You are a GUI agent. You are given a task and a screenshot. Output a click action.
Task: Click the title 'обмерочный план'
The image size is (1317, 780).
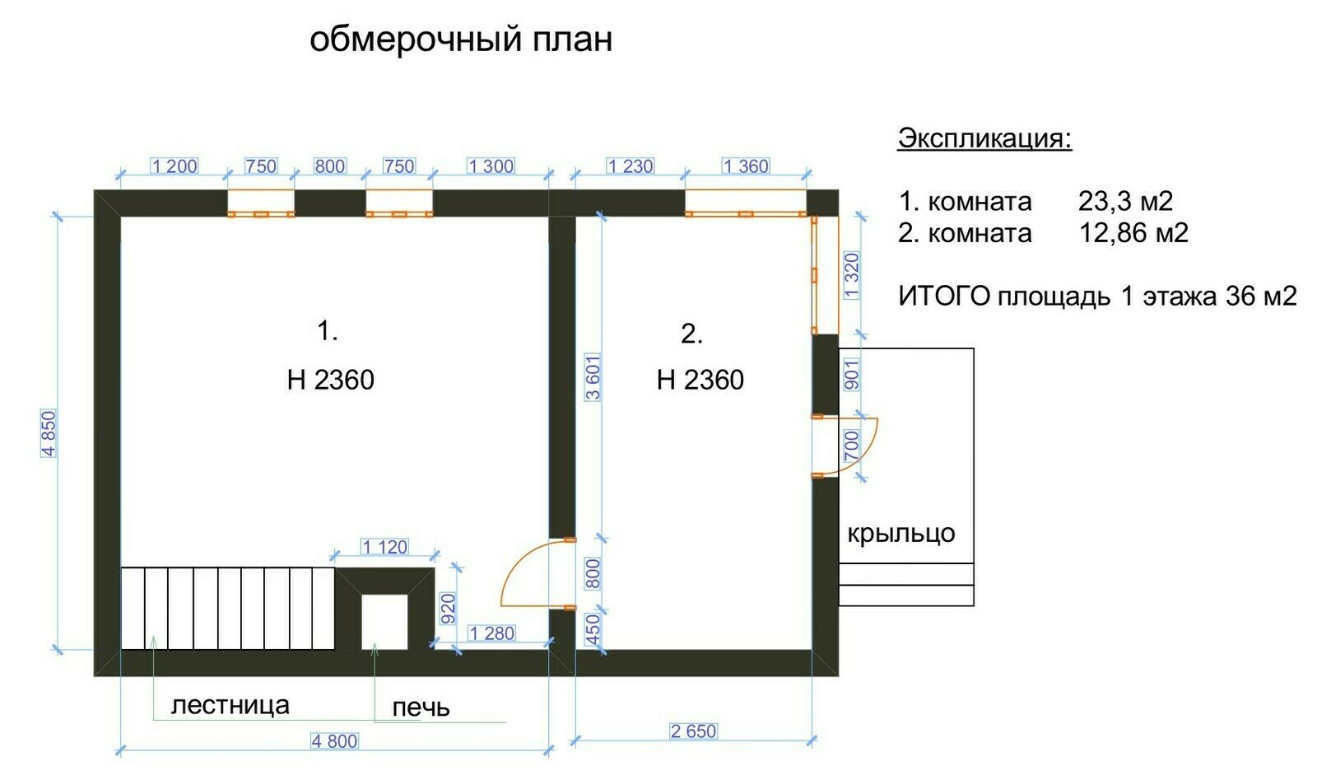(x=461, y=40)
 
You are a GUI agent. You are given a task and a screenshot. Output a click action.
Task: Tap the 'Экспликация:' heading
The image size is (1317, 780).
(x=984, y=139)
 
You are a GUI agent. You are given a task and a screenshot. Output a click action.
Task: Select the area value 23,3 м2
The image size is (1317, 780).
(x=1125, y=201)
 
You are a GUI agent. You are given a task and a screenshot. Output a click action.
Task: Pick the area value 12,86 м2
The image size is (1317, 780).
(x=1134, y=233)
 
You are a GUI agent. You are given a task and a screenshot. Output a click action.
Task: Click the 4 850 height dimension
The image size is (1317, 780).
(x=49, y=433)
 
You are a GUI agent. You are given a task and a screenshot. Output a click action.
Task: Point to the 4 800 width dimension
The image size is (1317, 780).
(x=334, y=741)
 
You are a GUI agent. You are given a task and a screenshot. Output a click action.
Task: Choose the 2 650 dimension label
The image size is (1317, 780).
(x=693, y=731)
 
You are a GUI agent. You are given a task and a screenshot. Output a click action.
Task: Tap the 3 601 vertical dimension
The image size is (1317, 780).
(x=593, y=377)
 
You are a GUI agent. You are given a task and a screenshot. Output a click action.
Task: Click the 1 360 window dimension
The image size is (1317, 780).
(x=746, y=166)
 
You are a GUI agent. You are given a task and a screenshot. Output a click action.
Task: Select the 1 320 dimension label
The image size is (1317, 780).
(x=851, y=275)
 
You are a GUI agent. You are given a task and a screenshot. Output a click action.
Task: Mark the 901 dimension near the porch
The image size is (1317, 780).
(x=851, y=375)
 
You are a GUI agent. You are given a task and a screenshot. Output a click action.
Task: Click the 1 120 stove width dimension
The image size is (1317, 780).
(x=384, y=547)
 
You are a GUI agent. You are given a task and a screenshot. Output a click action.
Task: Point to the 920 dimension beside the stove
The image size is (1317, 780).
(x=448, y=609)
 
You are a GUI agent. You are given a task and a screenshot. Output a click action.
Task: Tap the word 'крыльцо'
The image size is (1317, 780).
(x=900, y=534)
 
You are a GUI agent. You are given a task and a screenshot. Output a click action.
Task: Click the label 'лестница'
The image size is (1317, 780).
(x=230, y=705)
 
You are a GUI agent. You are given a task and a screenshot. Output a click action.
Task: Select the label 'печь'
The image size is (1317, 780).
(x=421, y=708)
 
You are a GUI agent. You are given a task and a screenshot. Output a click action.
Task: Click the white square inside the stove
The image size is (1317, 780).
(x=384, y=623)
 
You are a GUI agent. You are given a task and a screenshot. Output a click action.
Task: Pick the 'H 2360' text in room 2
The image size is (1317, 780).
(x=700, y=380)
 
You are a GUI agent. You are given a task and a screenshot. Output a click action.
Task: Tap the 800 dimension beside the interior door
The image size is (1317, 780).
(x=593, y=574)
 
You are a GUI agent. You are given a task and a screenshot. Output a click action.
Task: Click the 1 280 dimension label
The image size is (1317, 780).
(x=491, y=633)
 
